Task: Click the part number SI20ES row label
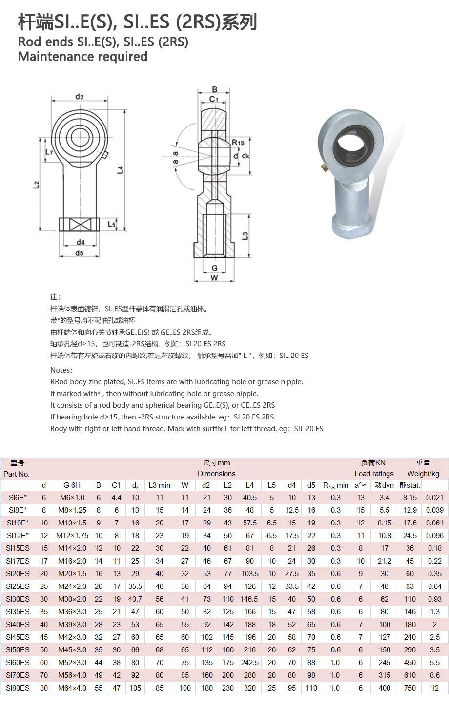pos(18,573)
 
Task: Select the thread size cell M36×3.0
pos(72,611)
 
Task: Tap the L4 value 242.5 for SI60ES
pos(250,662)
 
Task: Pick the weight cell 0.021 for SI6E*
pos(435,498)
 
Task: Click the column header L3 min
pos(160,485)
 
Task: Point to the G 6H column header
pos(72,485)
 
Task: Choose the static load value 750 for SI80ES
pos(410,688)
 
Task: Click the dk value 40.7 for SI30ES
pos(135,599)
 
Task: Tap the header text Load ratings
pos(374,474)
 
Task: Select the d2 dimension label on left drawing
pos(80,96)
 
